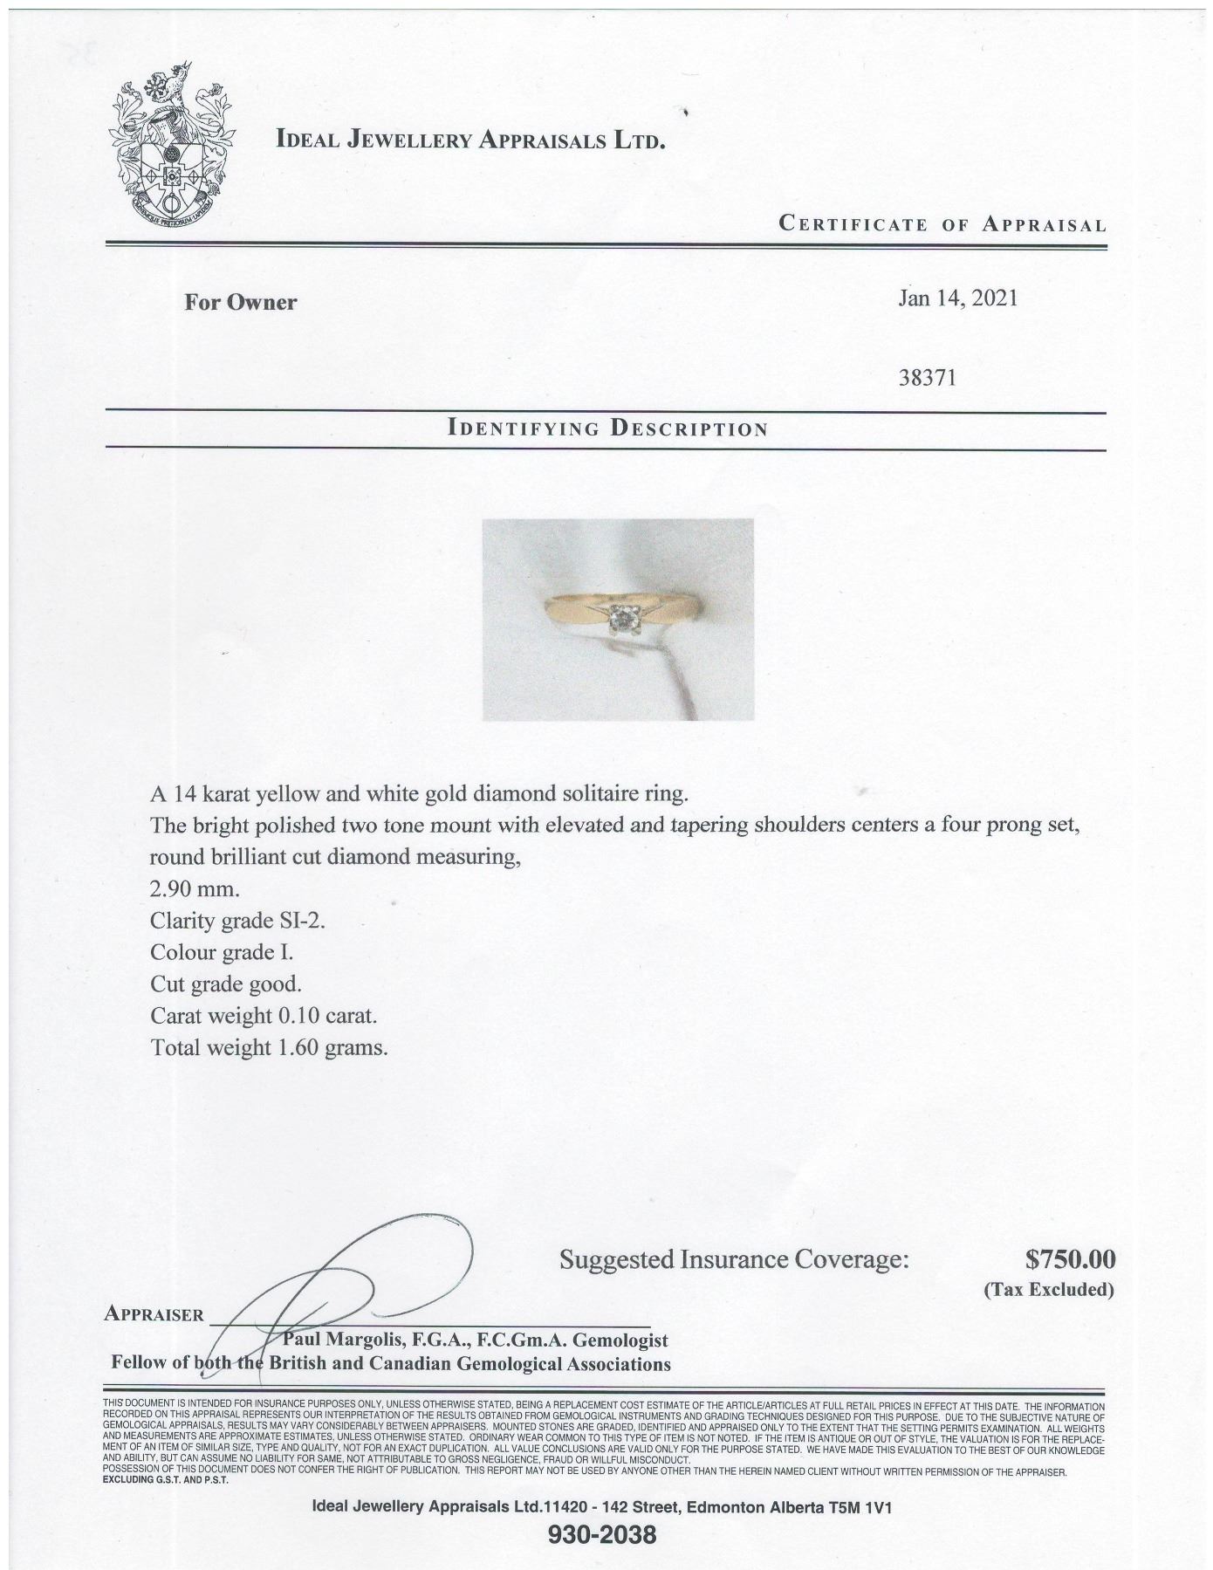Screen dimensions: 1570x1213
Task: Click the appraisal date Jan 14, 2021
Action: point(957,298)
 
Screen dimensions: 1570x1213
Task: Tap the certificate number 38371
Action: point(927,379)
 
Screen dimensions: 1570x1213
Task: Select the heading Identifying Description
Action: point(607,428)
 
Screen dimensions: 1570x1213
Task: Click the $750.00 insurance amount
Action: point(1070,1258)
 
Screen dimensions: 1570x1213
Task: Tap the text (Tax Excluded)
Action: point(1048,1290)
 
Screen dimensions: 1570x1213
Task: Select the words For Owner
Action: point(240,303)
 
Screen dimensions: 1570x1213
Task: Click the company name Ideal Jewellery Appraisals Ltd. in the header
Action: point(470,140)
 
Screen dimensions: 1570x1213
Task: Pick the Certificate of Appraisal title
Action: point(942,224)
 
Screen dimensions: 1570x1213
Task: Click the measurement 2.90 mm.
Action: point(195,889)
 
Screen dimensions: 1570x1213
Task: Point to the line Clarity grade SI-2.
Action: point(237,921)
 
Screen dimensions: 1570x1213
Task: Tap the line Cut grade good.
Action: point(225,984)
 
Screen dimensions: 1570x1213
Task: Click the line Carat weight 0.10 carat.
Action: point(264,1016)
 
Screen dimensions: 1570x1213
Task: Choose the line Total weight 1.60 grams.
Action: point(269,1047)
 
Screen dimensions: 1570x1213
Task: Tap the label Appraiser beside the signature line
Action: point(154,1314)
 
